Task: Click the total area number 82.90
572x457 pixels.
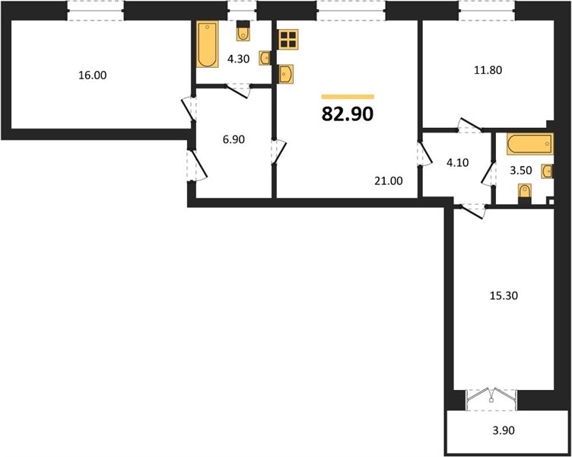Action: [348, 114]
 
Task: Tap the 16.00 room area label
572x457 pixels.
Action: [93, 75]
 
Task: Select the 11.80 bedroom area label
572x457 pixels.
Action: [488, 70]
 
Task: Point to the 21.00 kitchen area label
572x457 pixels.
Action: [389, 181]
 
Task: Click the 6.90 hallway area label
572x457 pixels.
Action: [234, 139]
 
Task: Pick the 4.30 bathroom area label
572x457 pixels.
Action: [238, 59]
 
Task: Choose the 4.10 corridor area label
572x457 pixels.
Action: [457, 162]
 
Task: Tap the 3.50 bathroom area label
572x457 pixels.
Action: [520, 171]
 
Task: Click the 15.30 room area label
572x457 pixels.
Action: [504, 296]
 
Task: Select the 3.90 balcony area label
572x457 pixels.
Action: [504, 430]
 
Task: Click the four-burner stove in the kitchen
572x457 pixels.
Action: [288, 39]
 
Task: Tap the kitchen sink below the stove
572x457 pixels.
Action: [286, 75]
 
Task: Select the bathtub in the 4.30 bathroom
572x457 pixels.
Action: [207, 44]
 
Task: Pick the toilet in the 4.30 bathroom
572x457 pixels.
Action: [243, 30]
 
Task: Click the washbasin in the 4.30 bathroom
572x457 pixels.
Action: [265, 58]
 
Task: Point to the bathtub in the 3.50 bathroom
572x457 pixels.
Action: [530, 144]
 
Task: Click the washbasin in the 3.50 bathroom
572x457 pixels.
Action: [547, 171]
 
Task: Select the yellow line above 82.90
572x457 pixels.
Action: [348, 97]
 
